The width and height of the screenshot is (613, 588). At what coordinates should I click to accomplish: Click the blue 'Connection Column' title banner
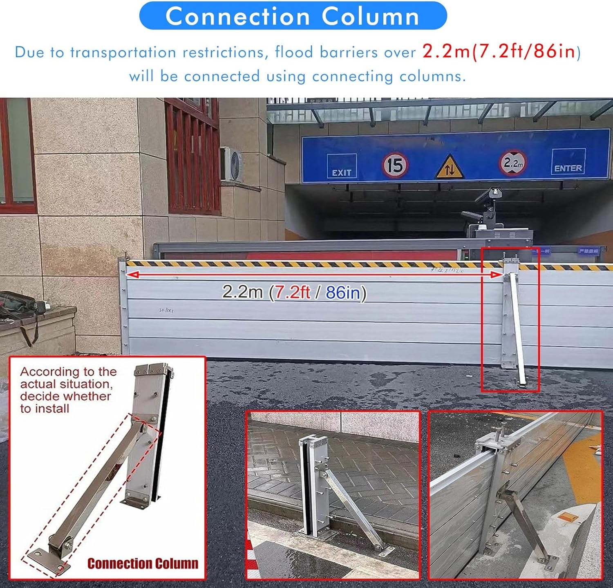tap(293, 16)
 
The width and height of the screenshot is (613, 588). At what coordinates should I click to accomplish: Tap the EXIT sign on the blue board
tap(342, 167)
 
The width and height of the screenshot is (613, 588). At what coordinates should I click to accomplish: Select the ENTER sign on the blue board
tap(568, 162)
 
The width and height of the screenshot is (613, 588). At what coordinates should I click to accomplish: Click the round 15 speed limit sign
tap(395, 165)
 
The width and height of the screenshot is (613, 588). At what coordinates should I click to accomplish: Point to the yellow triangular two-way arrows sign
tap(450, 168)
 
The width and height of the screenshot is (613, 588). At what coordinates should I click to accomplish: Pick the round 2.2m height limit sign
tap(512, 163)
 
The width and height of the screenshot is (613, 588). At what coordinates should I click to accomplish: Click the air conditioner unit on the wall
tap(231, 164)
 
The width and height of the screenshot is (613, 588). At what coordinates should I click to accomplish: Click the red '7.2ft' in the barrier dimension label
tap(292, 293)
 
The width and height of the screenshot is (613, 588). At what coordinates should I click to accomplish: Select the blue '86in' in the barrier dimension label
tap(343, 293)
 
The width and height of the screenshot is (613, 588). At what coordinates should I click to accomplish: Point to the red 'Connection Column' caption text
tap(143, 563)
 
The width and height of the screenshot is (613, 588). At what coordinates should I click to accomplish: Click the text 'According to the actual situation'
tap(68, 378)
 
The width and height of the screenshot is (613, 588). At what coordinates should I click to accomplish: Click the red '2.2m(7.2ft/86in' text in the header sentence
tap(499, 52)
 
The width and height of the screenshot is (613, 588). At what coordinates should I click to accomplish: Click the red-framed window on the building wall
tap(192, 159)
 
